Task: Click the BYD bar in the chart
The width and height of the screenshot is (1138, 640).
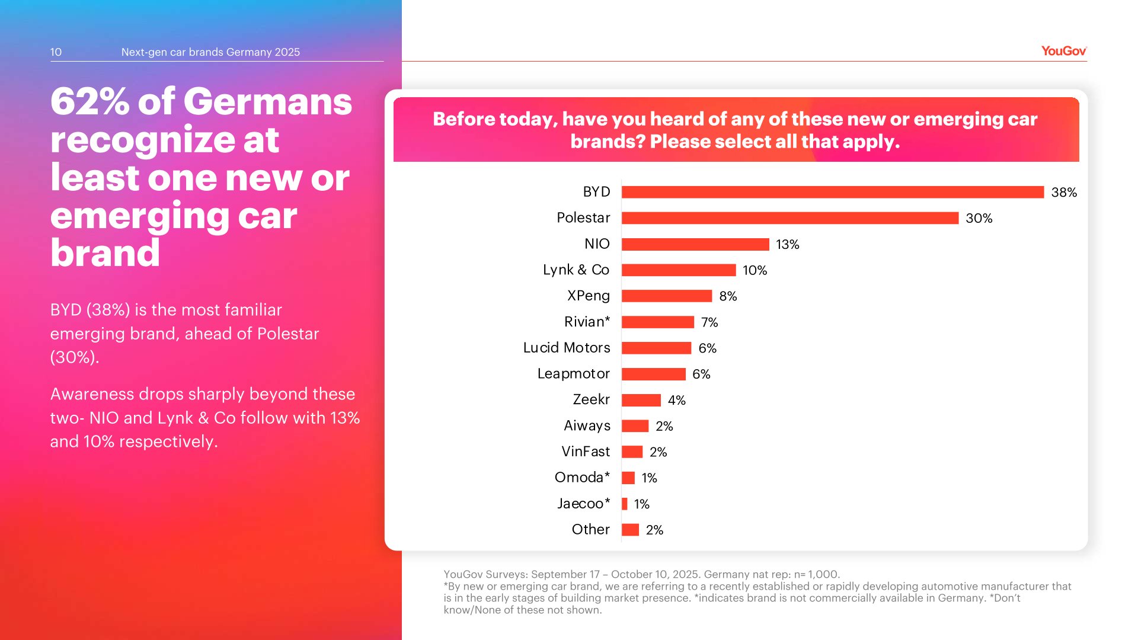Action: [x=832, y=192]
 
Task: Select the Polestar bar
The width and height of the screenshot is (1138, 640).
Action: [x=789, y=218]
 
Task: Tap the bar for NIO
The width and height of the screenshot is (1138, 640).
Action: [x=695, y=244]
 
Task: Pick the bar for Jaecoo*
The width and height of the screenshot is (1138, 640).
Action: [x=625, y=504]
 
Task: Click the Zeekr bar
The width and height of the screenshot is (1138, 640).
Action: [x=641, y=400]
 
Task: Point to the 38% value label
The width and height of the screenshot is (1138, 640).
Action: [x=1063, y=192]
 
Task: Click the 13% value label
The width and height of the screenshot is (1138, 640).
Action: [x=787, y=244]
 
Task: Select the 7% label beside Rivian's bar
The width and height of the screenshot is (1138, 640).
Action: [x=709, y=322]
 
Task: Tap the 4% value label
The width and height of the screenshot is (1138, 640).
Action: [x=676, y=400]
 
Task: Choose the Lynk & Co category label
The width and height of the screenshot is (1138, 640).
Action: [x=576, y=270]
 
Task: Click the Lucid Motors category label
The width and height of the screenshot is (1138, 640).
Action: [x=566, y=348]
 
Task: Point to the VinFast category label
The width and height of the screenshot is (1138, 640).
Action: [x=585, y=452]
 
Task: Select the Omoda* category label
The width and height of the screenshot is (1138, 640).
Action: [x=581, y=478]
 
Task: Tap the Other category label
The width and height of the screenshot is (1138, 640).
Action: [x=590, y=529]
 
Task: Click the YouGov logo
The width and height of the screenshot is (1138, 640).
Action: [x=1063, y=51]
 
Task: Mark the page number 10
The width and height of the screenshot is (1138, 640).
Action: [x=56, y=52]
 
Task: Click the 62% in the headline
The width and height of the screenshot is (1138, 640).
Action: [x=89, y=101]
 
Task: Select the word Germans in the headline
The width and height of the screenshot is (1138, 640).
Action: [x=267, y=101]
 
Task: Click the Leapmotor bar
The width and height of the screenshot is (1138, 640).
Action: [x=653, y=374]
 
